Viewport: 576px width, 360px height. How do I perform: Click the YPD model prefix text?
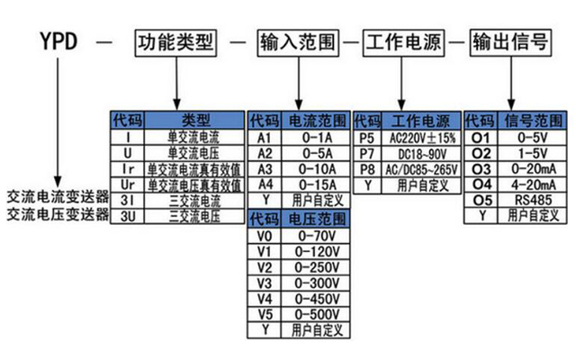[58, 41]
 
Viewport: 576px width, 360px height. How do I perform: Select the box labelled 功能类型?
[175, 43]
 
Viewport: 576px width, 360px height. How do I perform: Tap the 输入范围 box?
[298, 43]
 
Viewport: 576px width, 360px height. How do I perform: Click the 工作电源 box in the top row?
[404, 43]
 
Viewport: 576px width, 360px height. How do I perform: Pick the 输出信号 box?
[510, 43]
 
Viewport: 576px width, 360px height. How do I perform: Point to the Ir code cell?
[128, 169]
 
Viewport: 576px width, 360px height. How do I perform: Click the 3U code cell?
[128, 216]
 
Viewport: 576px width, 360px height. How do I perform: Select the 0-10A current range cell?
[317, 169]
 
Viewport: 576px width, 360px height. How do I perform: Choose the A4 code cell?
[265, 184]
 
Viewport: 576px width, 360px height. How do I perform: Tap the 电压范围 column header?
[317, 219]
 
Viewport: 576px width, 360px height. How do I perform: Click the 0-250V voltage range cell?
[317, 268]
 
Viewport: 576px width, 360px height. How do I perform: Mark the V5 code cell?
[265, 315]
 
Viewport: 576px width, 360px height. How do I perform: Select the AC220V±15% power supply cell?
[422, 138]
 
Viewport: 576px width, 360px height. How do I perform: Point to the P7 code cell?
[367, 154]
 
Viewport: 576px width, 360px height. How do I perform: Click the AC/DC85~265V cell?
[422, 170]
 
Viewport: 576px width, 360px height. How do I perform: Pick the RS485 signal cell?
[533, 200]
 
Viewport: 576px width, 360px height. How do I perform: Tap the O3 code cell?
[481, 169]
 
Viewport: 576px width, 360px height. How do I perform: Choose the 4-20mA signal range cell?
[533, 184]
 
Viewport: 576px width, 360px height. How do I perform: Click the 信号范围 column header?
[533, 121]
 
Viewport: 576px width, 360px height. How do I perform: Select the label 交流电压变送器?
[58, 214]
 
